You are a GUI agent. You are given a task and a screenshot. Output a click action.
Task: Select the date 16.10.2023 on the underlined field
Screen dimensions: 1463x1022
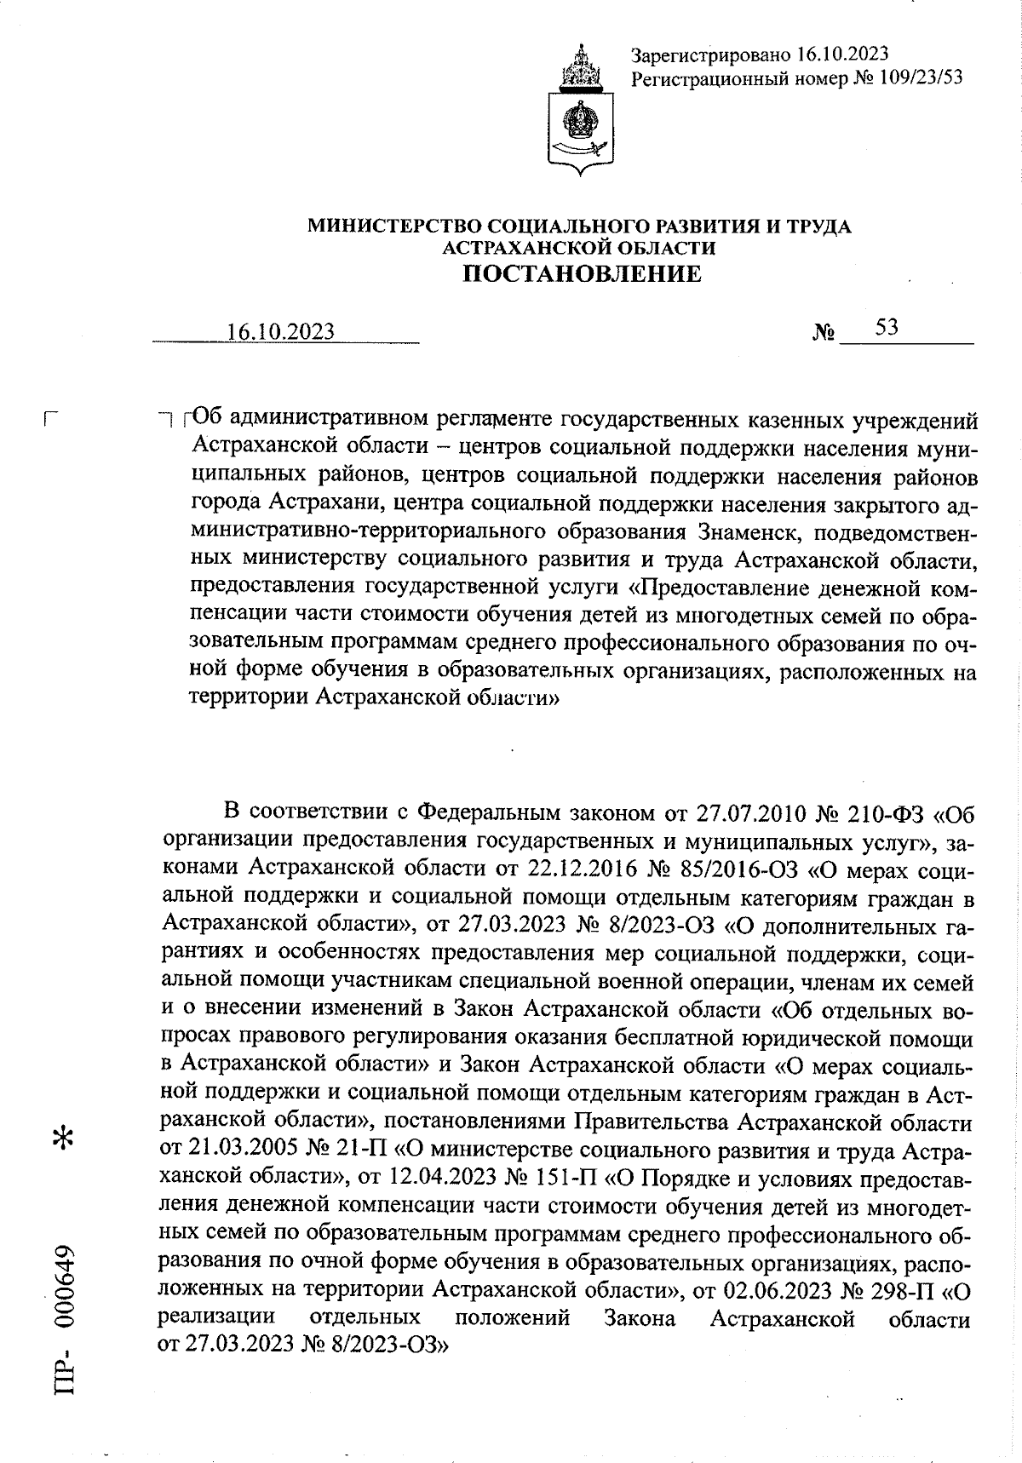point(281,332)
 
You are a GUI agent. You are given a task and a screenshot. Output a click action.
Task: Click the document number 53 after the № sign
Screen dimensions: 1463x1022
point(886,328)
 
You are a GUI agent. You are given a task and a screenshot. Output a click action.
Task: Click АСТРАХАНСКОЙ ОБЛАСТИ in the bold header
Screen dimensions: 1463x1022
point(579,248)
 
